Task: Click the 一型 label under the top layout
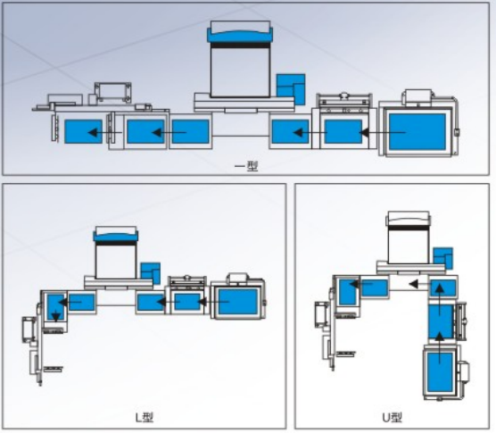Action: tap(246, 166)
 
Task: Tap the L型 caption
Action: tap(145, 418)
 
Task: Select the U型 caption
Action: tap(392, 418)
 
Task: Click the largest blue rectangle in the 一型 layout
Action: tap(417, 131)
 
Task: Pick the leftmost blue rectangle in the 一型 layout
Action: tap(84, 131)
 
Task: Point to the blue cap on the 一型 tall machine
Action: tap(240, 35)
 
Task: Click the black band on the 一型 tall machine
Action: tap(240, 45)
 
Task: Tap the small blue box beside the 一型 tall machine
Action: tap(291, 89)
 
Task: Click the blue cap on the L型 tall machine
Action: tap(116, 236)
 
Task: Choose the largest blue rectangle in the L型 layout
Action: tap(238, 302)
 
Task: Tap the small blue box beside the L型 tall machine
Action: tap(150, 273)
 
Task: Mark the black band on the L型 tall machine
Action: tap(116, 243)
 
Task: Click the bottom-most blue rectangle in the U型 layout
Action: tap(440, 372)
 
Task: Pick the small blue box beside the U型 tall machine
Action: tap(442, 258)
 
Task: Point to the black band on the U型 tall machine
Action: tap(409, 228)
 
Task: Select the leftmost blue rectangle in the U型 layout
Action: tap(348, 292)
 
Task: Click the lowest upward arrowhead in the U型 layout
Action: tap(440, 337)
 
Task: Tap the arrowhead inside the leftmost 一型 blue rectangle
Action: tap(93, 132)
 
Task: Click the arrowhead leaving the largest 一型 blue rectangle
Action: tap(364, 133)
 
